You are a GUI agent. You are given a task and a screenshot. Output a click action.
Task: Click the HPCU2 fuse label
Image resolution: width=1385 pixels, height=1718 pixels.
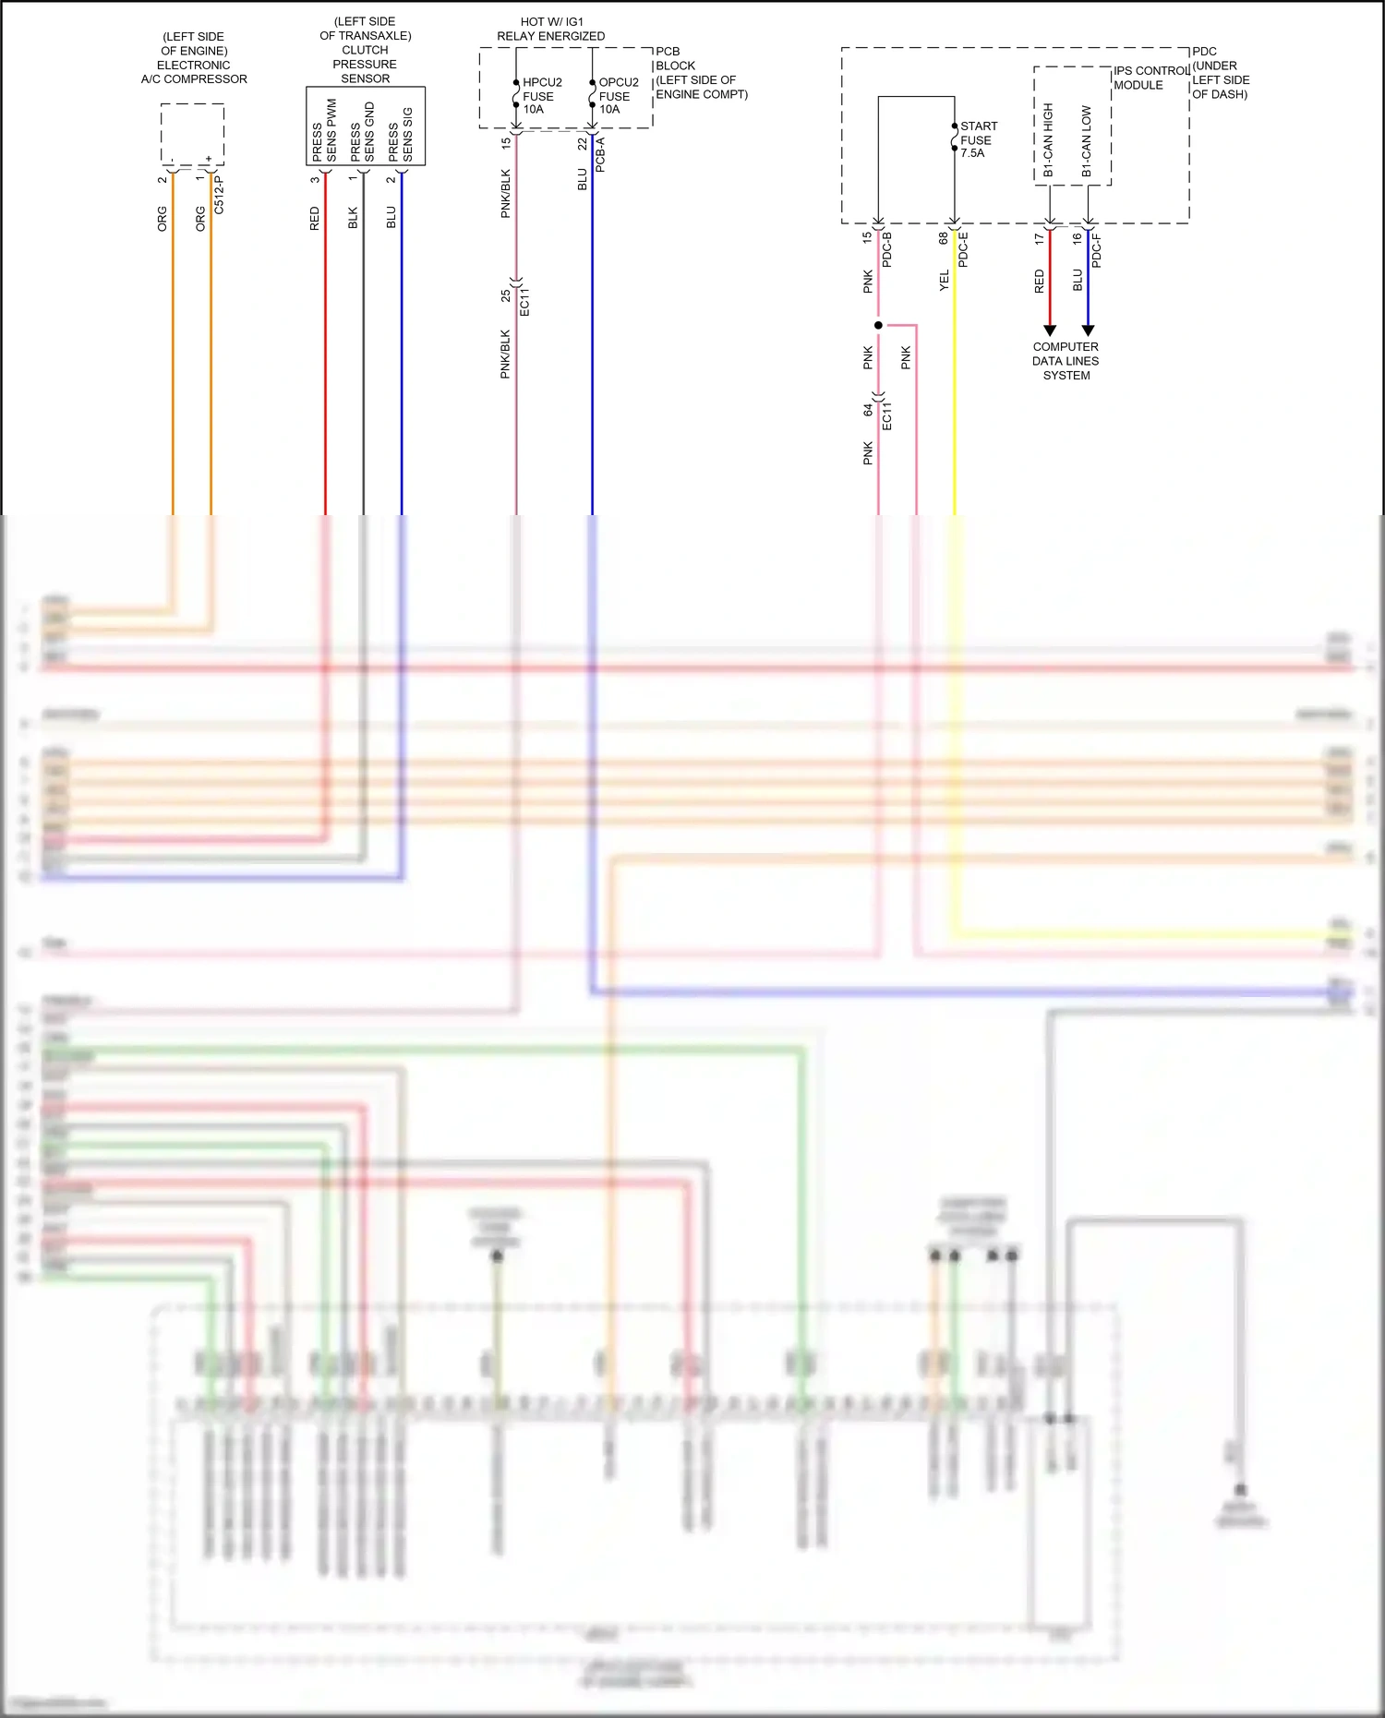[x=541, y=96]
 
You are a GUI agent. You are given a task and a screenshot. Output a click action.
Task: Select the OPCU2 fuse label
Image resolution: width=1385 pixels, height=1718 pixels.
[x=617, y=96]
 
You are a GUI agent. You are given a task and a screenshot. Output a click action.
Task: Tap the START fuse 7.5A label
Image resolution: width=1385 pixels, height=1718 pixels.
[x=977, y=139]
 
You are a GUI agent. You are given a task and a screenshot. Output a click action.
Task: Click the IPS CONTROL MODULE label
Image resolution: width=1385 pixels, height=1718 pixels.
[x=1150, y=78]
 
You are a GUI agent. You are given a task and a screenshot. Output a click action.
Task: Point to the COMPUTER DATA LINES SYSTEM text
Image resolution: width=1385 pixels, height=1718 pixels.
[x=1066, y=361]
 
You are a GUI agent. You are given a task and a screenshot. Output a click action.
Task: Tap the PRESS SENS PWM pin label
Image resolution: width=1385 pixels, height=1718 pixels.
[x=324, y=132]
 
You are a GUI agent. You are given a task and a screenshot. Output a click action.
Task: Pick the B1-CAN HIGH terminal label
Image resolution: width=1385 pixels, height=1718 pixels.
[x=1048, y=139]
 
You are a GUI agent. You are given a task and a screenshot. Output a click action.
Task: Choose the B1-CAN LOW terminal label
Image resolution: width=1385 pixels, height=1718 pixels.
[x=1086, y=141]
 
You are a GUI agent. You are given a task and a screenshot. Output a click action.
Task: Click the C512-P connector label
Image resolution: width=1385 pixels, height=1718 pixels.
[x=219, y=196]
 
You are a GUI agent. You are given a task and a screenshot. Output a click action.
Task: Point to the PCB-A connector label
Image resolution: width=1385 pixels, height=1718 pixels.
[x=600, y=155]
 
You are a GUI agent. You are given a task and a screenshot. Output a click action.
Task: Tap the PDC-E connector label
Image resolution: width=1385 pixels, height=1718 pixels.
[x=963, y=249]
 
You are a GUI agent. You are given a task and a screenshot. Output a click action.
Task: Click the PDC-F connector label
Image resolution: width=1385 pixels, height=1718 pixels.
[x=1096, y=251]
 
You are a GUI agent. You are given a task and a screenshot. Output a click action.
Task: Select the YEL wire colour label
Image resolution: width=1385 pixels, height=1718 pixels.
[x=944, y=281]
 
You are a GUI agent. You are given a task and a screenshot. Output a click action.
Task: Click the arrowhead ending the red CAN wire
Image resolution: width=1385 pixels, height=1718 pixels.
[x=1049, y=330]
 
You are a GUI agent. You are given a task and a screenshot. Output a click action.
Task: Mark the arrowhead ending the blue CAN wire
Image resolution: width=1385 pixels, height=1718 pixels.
[x=1088, y=330]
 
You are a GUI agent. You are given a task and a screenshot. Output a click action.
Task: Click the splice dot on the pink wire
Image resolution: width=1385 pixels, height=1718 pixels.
[x=878, y=325]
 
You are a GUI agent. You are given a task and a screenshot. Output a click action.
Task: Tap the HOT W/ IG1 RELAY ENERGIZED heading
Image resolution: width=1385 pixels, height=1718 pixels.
[x=551, y=29]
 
